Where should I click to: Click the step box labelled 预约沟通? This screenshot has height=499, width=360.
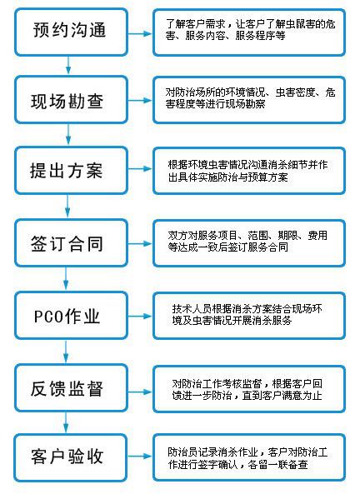(x=72, y=32)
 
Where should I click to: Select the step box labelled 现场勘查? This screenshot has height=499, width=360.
(x=72, y=100)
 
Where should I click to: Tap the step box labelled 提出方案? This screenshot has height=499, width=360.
(x=72, y=170)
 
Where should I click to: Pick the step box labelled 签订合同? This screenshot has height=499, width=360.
(x=72, y=242)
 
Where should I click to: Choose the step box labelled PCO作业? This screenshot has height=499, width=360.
(x=72, y=316)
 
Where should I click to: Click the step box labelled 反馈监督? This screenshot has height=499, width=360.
(x=72, y=388)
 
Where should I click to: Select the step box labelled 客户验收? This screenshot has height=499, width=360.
(x=71, y=457)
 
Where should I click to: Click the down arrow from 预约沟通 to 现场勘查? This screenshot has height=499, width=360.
(x=68, y=65)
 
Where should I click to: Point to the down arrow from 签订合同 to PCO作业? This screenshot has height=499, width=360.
(x=66, y=278)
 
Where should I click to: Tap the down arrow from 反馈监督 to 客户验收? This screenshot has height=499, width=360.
(x=66, y=422)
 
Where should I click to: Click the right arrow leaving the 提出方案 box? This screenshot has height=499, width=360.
(x=140, y=168)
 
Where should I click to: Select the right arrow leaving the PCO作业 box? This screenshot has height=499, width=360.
(x=140, y=316)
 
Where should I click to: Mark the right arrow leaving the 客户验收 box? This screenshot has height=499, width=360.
(x=140, y=457)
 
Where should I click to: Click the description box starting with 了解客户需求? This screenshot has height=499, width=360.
(x=249, y=32)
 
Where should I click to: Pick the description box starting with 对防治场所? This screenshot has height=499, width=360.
(x=249, y=100)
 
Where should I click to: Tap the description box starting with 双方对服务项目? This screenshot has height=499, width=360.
(x=249, y=243)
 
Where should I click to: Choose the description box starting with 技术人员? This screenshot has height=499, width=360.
(x=249, y=316)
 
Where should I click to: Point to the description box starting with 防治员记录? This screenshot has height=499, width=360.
(x=249, y=457)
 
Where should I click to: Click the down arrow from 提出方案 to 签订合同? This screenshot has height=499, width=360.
(x=67, y=206)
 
